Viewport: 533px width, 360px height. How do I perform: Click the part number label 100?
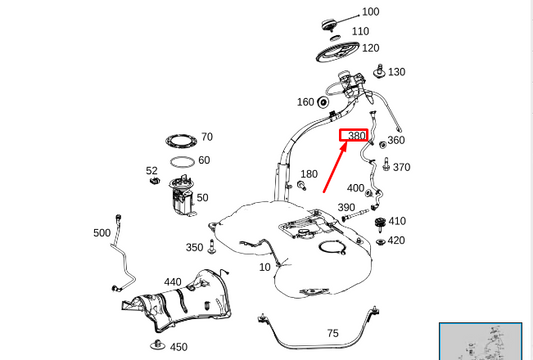370,12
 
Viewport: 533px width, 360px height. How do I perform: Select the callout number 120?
370,48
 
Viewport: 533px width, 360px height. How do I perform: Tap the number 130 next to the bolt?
396,72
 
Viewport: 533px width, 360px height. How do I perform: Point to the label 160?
305,102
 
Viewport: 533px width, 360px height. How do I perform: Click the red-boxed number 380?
356,136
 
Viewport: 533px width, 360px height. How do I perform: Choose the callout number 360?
396,141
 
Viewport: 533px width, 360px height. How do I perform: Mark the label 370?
401,167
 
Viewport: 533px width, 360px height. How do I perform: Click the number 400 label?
355,188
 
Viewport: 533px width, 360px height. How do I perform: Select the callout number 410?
397,221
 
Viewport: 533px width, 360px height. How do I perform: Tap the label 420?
396,240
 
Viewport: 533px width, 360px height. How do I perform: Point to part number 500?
102,233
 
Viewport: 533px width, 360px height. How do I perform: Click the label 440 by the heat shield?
173,282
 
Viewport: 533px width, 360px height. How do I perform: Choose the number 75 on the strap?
333,333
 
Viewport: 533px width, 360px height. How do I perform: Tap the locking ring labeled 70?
180,139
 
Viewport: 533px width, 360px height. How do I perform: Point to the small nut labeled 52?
153,184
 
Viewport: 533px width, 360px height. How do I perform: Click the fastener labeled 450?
157,347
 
